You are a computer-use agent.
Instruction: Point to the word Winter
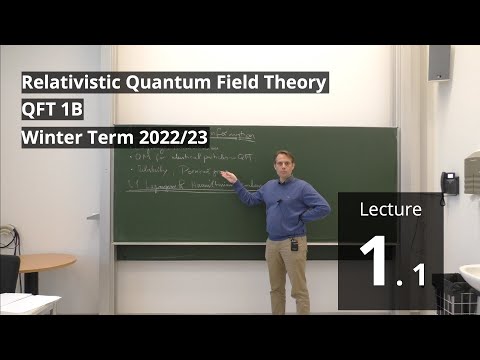click(49, 137)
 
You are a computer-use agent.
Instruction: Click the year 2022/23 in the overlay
click(174, 137)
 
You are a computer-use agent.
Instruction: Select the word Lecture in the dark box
click(390, 210)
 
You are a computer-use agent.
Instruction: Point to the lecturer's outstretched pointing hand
click(229, 177)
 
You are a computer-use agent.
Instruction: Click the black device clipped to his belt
click(294, 243)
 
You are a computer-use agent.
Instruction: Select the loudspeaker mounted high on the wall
click(439, 62)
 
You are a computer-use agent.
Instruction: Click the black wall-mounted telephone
click(450, 183)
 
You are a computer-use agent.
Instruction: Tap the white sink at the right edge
click(470, 275)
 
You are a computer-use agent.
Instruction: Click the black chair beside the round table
click(9, 272)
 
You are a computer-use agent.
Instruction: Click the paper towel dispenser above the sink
click(472, 172)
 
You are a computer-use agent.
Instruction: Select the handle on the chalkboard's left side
click(92, 214)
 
